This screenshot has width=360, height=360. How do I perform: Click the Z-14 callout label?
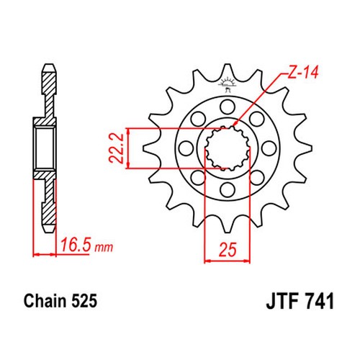pyautogui.click(x=303, y=73)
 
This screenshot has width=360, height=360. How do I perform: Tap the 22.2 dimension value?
pyautogui.click(x=116, y=148)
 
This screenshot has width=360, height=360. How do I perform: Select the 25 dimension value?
pyautogui.click(x=228, y=250)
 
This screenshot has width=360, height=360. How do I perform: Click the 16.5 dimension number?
pyautogui.click(x=76, y=245)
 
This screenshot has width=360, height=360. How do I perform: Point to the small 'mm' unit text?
pyautogui.click(x=104, y=248)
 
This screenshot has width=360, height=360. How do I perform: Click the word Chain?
pyautogui.click(x=45, y=301)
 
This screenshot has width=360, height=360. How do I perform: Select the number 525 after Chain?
pyautogui.click(x=84, y=301)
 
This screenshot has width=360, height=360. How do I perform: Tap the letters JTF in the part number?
pyautogui.click(x=282, y=301)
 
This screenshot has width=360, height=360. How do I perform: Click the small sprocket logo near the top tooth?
pyautogui.click(x=226, y=84)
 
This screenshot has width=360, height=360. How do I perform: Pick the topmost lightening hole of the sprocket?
pyautogui.click(x=228, y=107)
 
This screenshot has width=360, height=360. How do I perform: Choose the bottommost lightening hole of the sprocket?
pyautogui.click(x=228, y=190)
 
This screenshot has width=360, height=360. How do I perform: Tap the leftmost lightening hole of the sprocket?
pyautogui.click(x=186, y=148)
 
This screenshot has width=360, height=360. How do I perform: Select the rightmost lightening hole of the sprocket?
pyautogui.click(x=269, y=148)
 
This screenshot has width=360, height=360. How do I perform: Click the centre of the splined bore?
pyautogui.click(x=228, y=148)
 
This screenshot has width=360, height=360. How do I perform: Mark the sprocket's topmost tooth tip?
pyautogui.click(x=228, y=64)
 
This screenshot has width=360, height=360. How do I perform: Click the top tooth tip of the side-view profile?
pyautogui.click(x=50, y=64)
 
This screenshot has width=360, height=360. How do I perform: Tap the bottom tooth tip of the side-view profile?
pyautogui.click(x=50, y=232)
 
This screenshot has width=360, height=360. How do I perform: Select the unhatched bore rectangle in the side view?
pyautogui.click(x=44, y=148)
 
